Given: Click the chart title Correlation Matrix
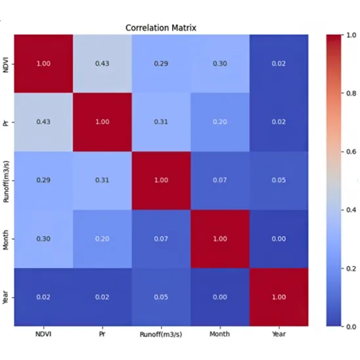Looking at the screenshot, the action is coord(161,28).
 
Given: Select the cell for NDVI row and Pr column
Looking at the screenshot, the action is coord(102,64).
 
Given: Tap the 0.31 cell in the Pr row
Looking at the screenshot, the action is coord(161,122).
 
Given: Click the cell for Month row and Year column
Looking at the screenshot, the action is coord(279,238).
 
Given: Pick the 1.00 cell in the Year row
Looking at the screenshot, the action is coord(279,297).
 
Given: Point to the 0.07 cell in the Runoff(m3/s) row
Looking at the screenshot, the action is coord(220,181).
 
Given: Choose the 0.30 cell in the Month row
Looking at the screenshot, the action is coord(43,238).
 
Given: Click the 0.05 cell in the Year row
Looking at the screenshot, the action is coord(161,297).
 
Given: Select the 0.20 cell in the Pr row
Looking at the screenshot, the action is coord(220,122).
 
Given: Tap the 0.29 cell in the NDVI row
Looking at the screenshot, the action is coord(161,64).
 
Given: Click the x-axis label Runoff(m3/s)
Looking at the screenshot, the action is coord(161,334).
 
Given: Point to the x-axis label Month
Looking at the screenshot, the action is coord(219,334).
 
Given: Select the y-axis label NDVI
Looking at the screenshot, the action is coord(5,64).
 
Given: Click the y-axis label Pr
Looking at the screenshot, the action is coord(5,122).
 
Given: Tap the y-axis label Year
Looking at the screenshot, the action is coord(5,298).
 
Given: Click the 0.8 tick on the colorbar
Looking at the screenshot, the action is coord(351,93).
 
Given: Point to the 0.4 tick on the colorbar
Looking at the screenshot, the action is coord(351,210).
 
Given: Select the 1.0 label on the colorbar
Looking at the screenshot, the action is coord(351,35).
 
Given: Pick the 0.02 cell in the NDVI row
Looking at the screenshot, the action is coord(279,64).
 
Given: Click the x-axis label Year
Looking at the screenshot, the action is coord(279,334).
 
